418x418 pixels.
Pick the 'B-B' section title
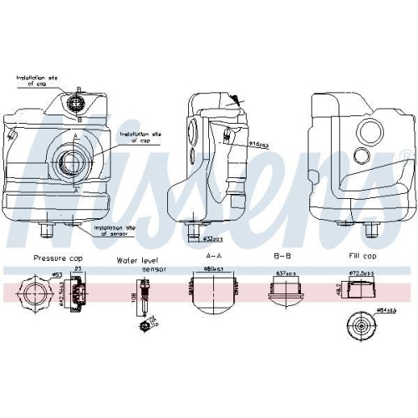click(280, 260)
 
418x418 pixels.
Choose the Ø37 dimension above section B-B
click(282, 273)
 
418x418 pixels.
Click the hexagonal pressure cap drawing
click(34, 295)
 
